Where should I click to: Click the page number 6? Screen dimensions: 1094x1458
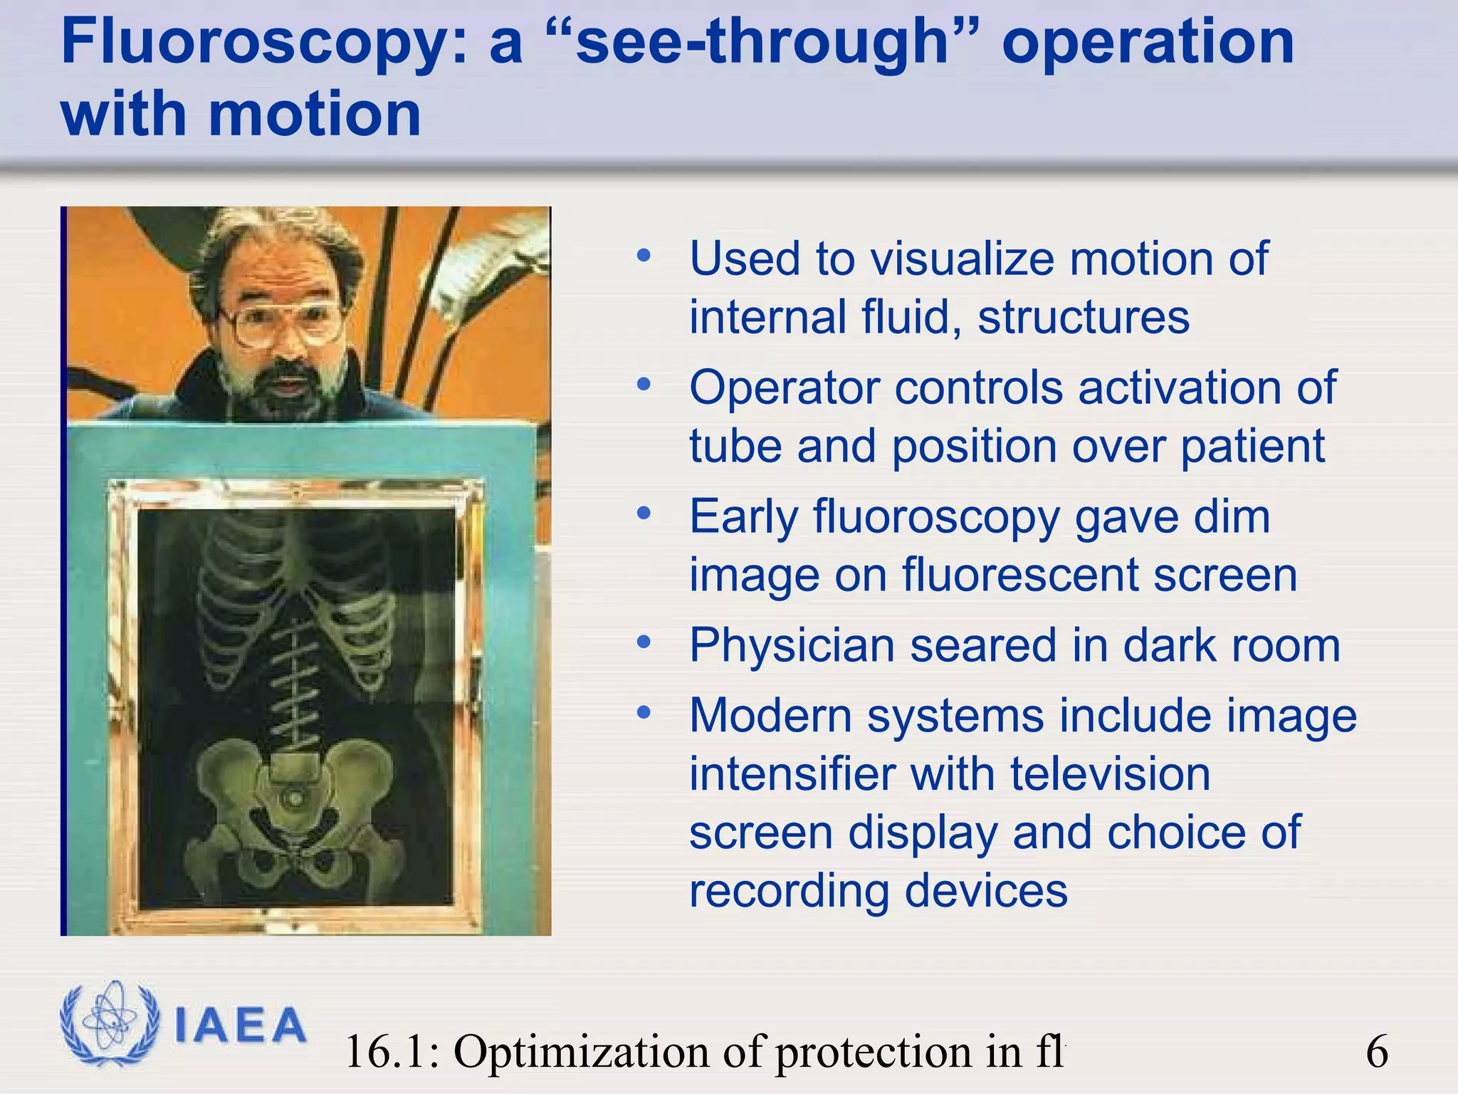[x=1377, y=1051]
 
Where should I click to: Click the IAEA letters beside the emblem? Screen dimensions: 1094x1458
[x=240, y=1026]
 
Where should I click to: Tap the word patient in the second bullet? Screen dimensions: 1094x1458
[x=1252, y=447]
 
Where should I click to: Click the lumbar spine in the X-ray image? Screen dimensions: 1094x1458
[x=296, y=684]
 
